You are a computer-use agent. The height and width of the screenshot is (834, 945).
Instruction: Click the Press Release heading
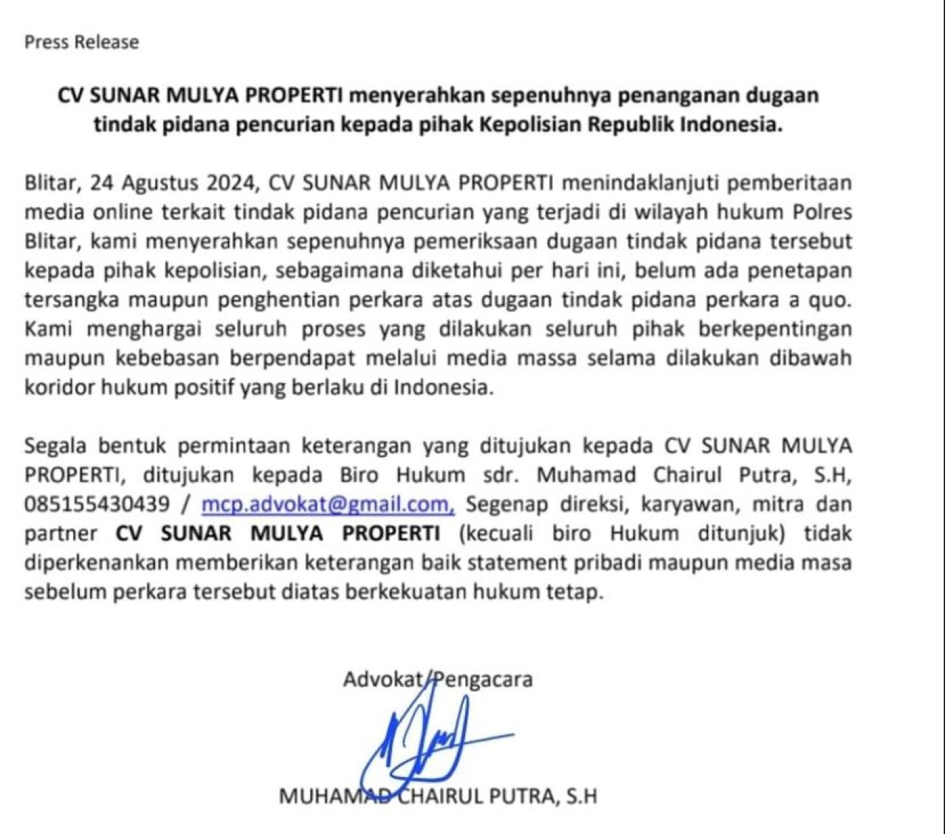point(81,42)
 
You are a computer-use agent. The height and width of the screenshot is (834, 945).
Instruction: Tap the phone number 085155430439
point(97,504)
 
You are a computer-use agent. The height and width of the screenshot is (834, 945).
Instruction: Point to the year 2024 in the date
point(228,183)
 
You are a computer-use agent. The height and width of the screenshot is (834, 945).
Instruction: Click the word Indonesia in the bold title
point(731,124)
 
